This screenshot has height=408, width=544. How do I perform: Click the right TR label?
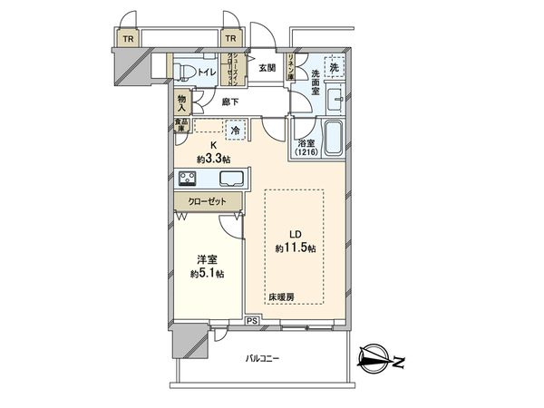point(230,39)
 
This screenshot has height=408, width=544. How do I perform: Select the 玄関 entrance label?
point(267,67)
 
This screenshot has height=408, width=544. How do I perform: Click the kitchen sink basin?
point(227,179)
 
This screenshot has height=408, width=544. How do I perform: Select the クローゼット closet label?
point(209,203)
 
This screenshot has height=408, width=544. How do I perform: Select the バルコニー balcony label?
point(263,359)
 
